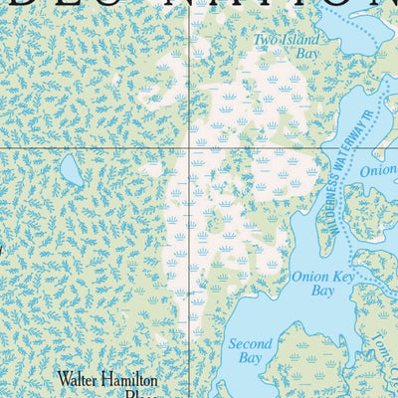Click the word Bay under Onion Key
coord(323,292)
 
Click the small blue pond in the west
coord(71,170)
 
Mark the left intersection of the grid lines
coord(188,148)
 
